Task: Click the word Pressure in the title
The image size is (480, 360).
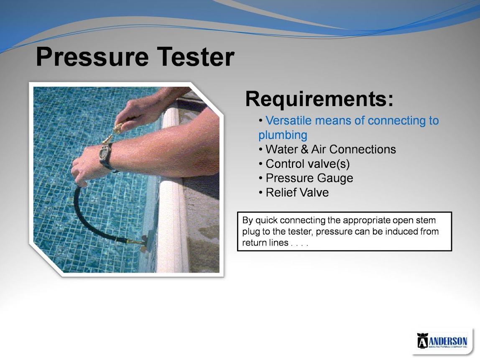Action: tap(92, 57)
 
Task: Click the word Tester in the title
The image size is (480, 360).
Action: tap(196, 56)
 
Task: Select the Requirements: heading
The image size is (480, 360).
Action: tap(319, 99)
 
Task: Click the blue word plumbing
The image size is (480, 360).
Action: tap(283, 135)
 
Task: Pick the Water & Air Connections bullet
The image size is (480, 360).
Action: tap(327, 149)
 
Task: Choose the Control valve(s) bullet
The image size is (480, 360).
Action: tap(304, 164)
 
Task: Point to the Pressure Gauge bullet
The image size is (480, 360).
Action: tap(306, 178)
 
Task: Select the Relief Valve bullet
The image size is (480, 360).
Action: tap(294, 193)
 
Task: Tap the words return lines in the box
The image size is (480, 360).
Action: tap(265, 243)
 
